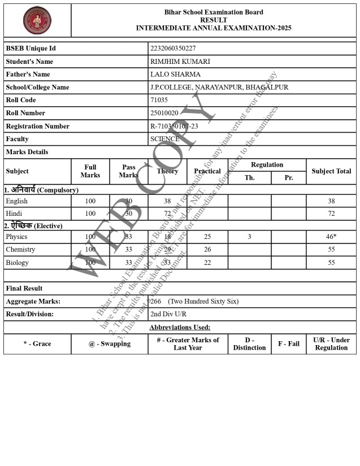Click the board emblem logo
pyautogui.click(x=37, y=20)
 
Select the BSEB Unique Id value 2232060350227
pyautogui.click(x=173, y=49)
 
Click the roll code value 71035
pyautogui.click(x=159, y=100)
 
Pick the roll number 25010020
pyautogui.click(x=164, y=113)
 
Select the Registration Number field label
pyautogui.click(x=38, y=126)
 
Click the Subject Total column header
pyautogui.click(x=331, y=171)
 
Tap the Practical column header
pyautogui.click(x=207, y=171)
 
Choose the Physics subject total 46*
pyautogui.click(x=331, y=237)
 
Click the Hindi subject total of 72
pyautogui.click(x=331, y=214)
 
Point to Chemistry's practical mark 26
pyautogui.click(x=207, y=250)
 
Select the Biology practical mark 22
pyautogui.click(x=207, y=263)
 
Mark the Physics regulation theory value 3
pyautogui.click(x=249, y=237)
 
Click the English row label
pyautogui.click(x=17, y=201)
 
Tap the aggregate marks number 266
pyautogui.click(x=155, y=302)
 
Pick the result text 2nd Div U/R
pyautogui.click(x=168, y=314)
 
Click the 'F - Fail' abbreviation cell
pyautogui.click(x=289, y=344)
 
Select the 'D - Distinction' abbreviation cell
pyautogui.click(x=249, y=344)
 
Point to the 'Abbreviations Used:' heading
pyautogui.click(x=180, y=328)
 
